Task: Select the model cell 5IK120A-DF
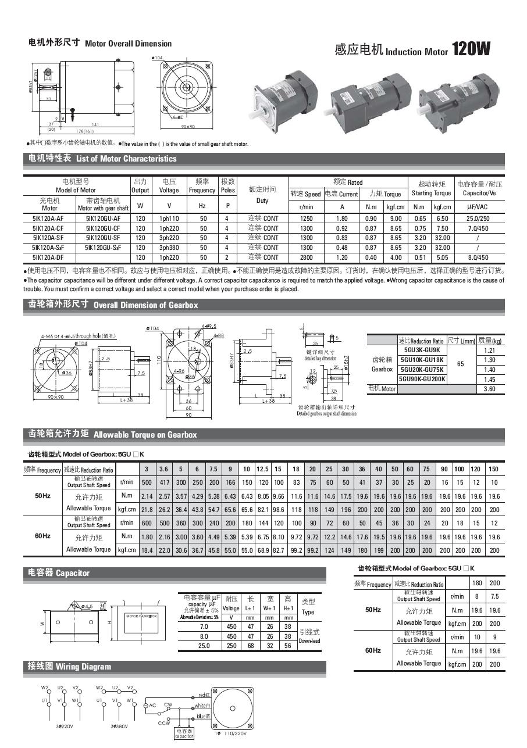[49, 257]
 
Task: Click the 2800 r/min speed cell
[306, 257]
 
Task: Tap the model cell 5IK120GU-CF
[103, 228]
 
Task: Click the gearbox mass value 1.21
[489, 350]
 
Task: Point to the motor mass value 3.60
[489, 389]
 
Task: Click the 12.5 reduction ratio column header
[262, 469]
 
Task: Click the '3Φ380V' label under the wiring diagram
[119, 726]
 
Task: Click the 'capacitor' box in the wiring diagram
[184, 733]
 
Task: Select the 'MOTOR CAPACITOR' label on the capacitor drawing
[142, 616]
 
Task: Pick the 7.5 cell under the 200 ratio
[494, 596]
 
